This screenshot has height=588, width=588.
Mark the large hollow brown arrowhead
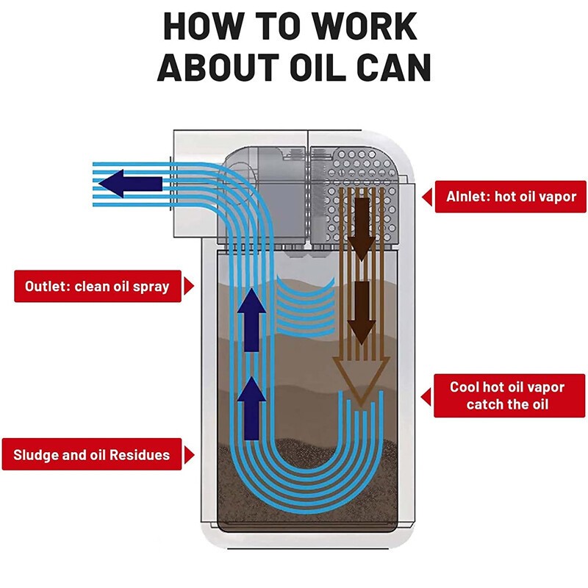pyautogui.click(x=360, y=379)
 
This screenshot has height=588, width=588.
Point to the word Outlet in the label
pyautogui.click(x=49, y=287)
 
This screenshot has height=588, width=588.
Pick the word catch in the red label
pyautogui.click(x=484, y=405)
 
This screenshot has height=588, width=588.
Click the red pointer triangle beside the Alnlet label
pyautogui.click(x=427, y=196)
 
